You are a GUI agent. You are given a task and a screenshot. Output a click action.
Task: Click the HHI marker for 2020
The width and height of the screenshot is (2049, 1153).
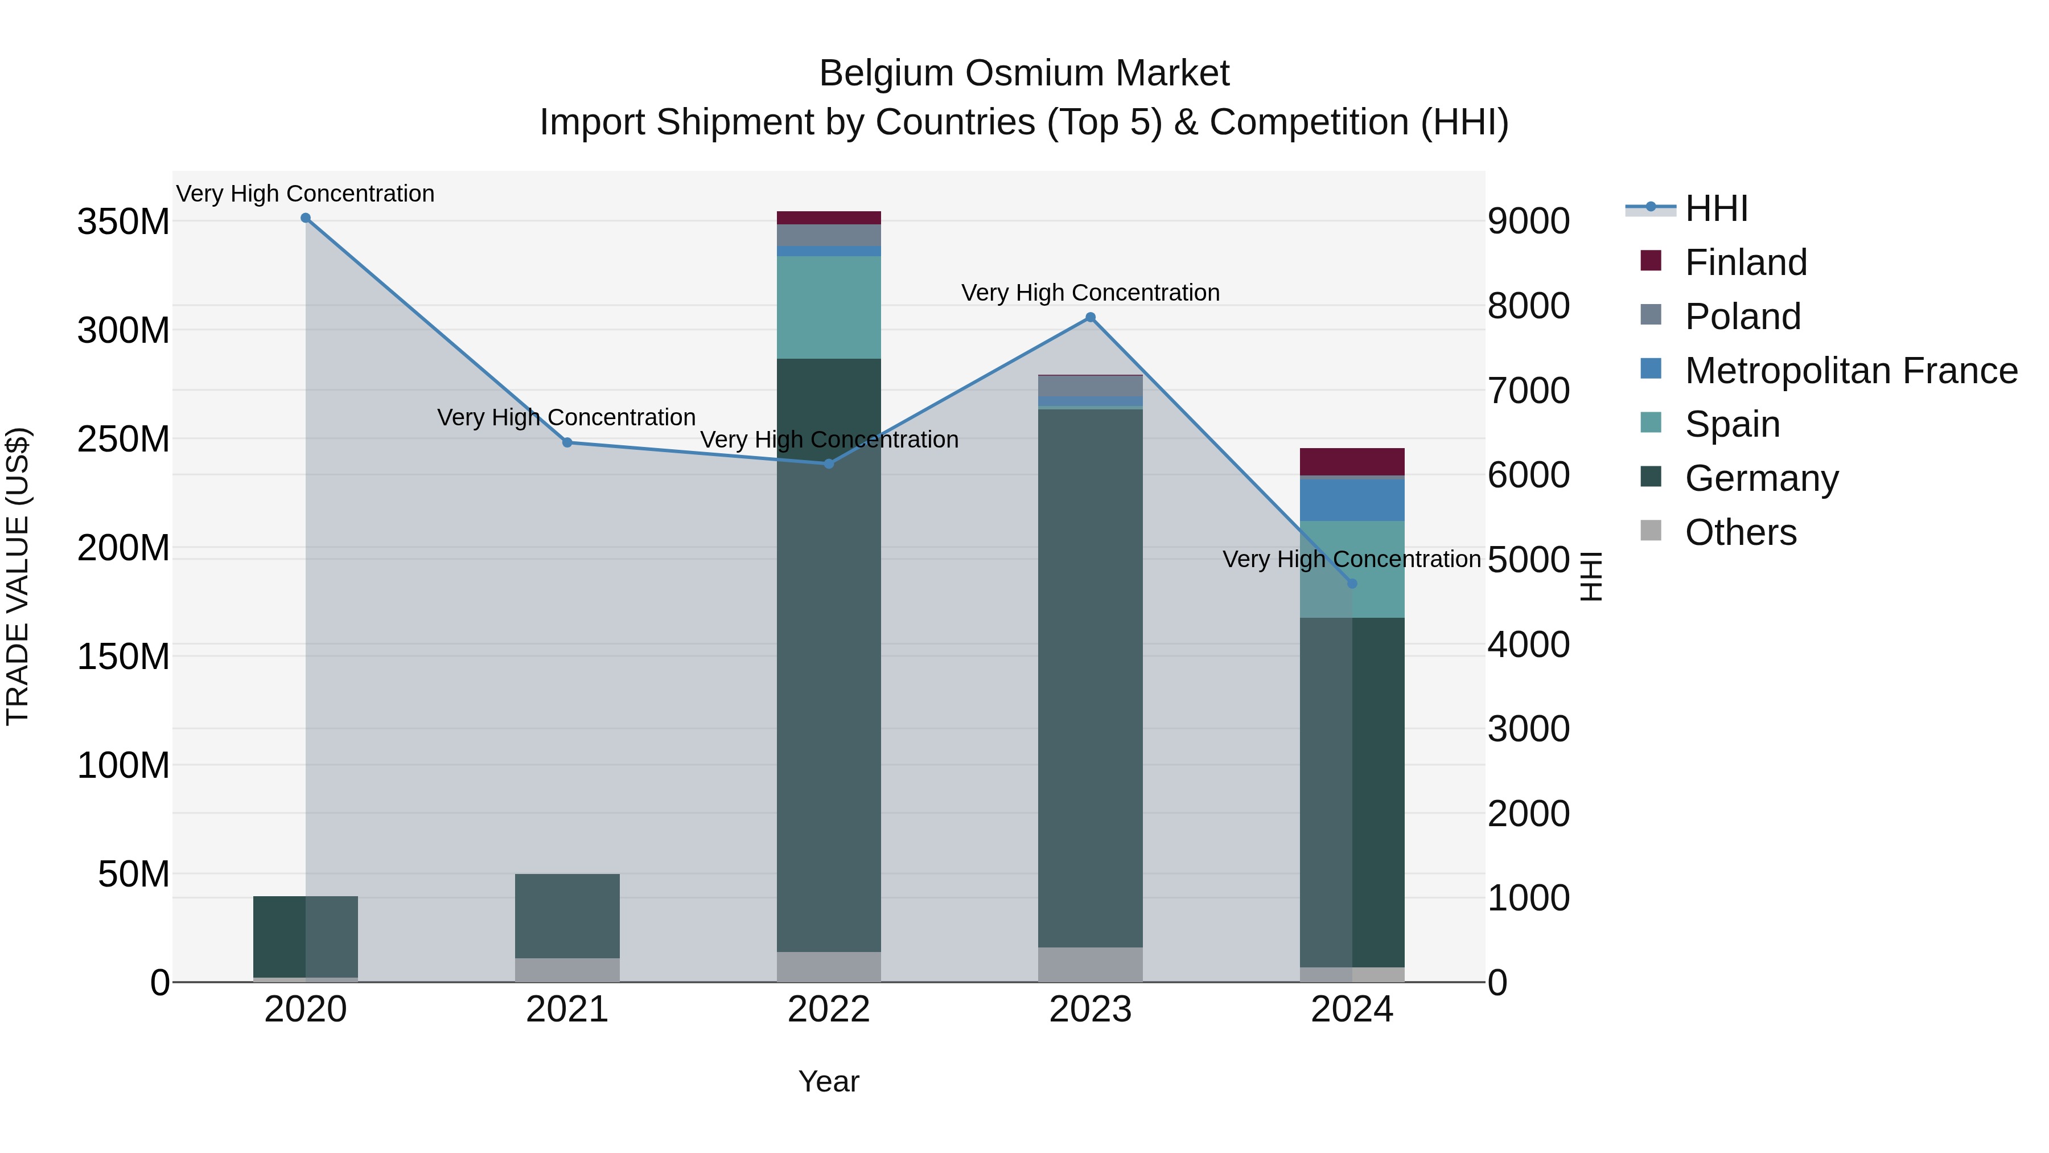(x=306, y=218)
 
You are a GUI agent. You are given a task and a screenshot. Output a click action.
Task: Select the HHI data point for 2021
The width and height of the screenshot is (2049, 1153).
(x=567, y=442)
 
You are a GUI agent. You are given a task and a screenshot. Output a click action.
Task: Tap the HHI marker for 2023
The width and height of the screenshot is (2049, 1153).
(x=1091, y=318)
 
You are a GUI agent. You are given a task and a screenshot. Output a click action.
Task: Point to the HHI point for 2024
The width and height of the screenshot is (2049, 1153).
(x=1352, y=583)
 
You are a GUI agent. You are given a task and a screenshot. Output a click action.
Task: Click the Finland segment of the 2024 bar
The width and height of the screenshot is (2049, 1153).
(x=1352, y=462)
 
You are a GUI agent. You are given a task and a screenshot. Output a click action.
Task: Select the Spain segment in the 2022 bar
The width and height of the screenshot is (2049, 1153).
(x=829, y=307)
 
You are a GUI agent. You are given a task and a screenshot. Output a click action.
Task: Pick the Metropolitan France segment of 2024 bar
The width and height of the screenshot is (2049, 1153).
(x=1352, y=500)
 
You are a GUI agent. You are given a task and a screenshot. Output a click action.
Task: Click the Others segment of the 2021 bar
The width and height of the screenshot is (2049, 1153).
(x=567, y=970)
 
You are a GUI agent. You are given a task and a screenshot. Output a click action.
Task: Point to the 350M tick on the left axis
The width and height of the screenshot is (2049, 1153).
(x=124, y=221)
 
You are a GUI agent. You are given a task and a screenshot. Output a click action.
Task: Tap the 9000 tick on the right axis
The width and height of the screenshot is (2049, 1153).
(x=1529, y=221)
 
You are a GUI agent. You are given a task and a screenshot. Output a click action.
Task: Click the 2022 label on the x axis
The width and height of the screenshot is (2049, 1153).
(x=829, y=1010)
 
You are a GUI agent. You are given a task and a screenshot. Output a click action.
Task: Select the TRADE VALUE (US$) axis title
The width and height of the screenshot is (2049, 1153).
(x=18, y=576)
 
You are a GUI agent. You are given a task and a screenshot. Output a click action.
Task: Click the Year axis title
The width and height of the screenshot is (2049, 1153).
(x=829, y=1081)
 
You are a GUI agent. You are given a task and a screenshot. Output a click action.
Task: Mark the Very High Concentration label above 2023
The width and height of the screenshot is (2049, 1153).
(x=1091, y=293)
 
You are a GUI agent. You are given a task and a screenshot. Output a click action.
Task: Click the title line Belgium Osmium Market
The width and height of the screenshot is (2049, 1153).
(x=1024, y=73)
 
